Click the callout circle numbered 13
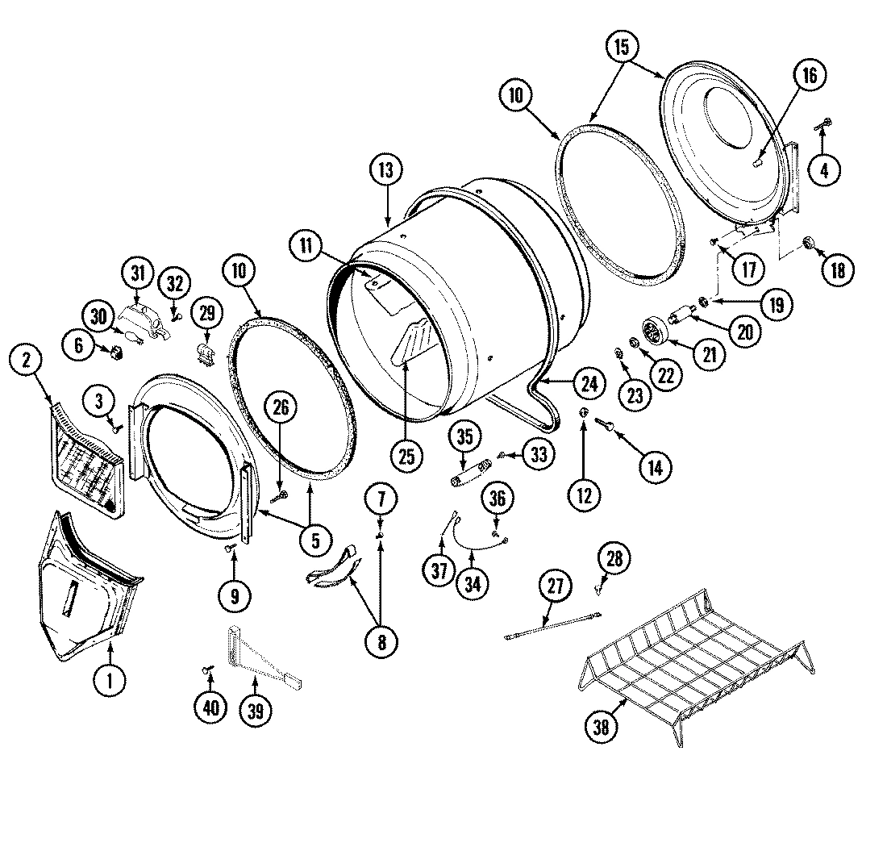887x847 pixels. [x=386, y=171]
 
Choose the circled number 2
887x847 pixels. [x=27, y=361]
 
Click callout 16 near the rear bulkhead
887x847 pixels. [x=809, y=76]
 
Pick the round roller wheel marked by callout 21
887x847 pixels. [x=652, y=331]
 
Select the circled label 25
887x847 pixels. [x=406, y=456]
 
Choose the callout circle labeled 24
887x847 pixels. [x=589, y=384]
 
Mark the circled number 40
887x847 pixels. [x=210, y=707]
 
